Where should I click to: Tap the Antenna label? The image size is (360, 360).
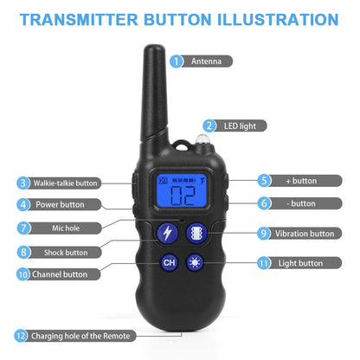[x=213, y=61]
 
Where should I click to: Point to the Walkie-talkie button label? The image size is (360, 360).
[x=67, y=183]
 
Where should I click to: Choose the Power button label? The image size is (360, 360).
[x=60, y=205]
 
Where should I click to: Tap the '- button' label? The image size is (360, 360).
[x=300, y=203]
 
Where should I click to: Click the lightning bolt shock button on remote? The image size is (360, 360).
[x=164, y=233]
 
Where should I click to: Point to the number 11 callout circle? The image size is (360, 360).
[x=262, y=262]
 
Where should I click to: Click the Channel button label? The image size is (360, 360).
[x=60, y=274]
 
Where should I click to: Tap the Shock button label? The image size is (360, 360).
[x=65, y=253]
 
